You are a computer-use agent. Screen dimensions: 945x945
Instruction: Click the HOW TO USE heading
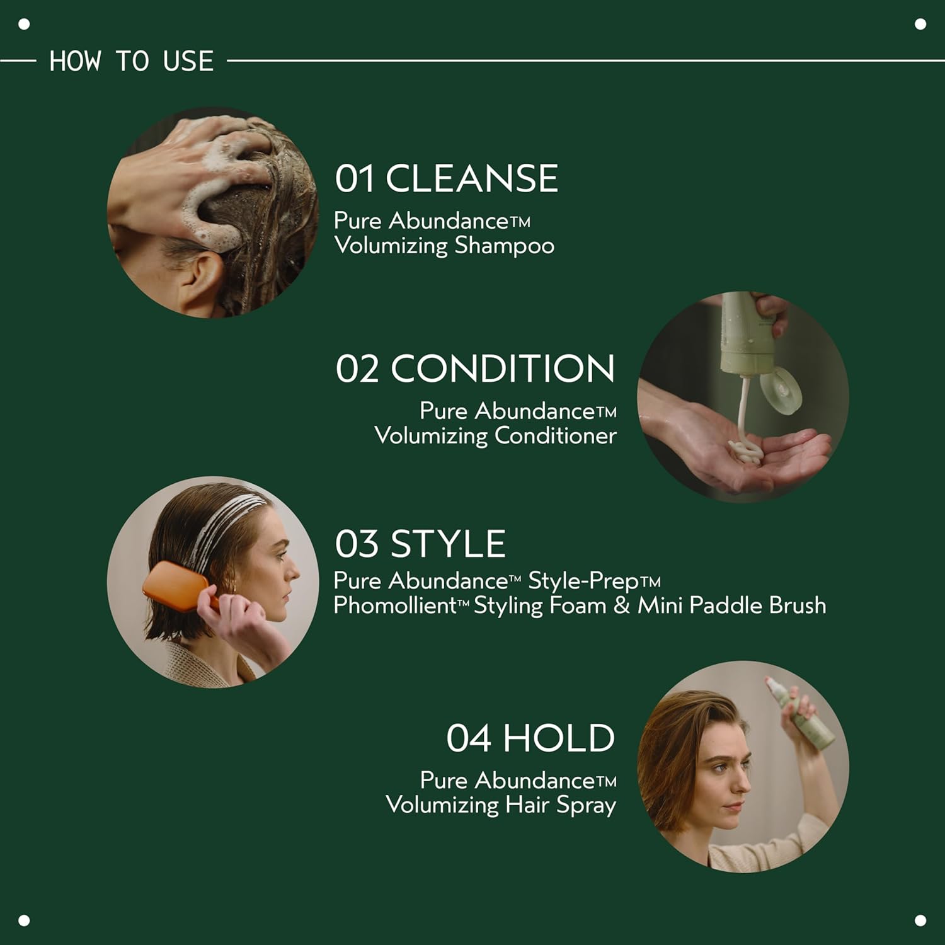[131, 61]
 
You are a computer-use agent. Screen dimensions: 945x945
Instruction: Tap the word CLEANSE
[471, 178]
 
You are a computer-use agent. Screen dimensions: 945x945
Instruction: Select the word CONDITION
[502, 369]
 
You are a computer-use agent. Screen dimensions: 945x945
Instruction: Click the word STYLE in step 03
[448, 544]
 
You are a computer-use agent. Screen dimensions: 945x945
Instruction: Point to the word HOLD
[558, 738]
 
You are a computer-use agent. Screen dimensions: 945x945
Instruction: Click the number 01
[355, 178]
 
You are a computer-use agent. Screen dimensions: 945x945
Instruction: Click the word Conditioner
[555, 435]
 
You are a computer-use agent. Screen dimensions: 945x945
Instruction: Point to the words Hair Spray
[561, 805]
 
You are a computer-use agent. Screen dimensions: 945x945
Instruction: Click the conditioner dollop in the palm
[745, 451]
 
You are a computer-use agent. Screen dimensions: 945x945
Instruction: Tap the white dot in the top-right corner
[920, 24]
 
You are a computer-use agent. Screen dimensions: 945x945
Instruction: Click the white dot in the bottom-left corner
[24, 920]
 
